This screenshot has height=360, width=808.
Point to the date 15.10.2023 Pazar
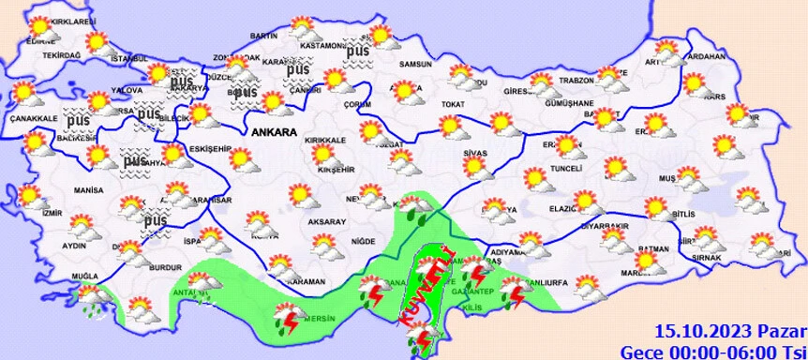tap(730, 330)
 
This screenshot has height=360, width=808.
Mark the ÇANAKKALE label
tap(29, 118)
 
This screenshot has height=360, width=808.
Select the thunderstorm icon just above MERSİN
tap(290, 319)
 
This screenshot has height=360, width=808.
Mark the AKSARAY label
tap(327, 221)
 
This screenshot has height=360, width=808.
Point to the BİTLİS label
tap(687, 215)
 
